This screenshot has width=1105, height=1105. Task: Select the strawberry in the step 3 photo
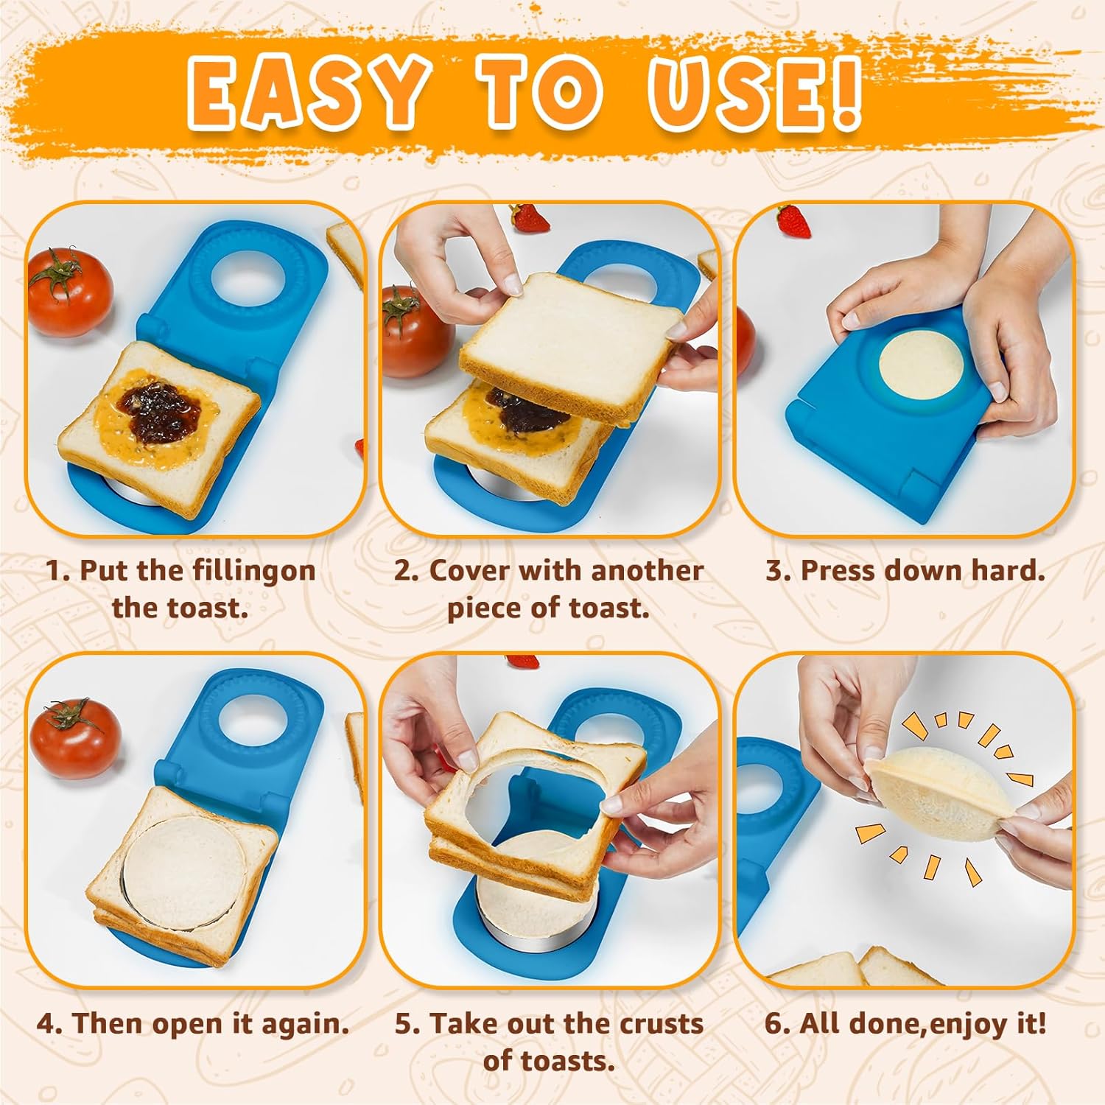[x=793, y=221]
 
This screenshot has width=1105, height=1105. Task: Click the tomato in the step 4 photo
[x=76, y=737]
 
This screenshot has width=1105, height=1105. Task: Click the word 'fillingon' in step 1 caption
[x=254, y=572]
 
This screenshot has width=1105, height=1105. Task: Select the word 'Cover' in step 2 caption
[x=470, y=570]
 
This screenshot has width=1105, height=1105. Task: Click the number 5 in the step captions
[x=404, y=1024]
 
